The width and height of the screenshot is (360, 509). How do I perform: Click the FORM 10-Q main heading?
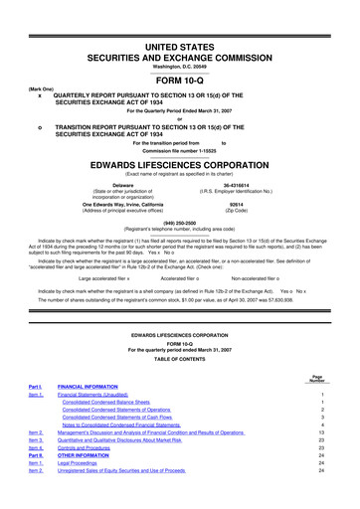pyautogui.click(x=179, y=55)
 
